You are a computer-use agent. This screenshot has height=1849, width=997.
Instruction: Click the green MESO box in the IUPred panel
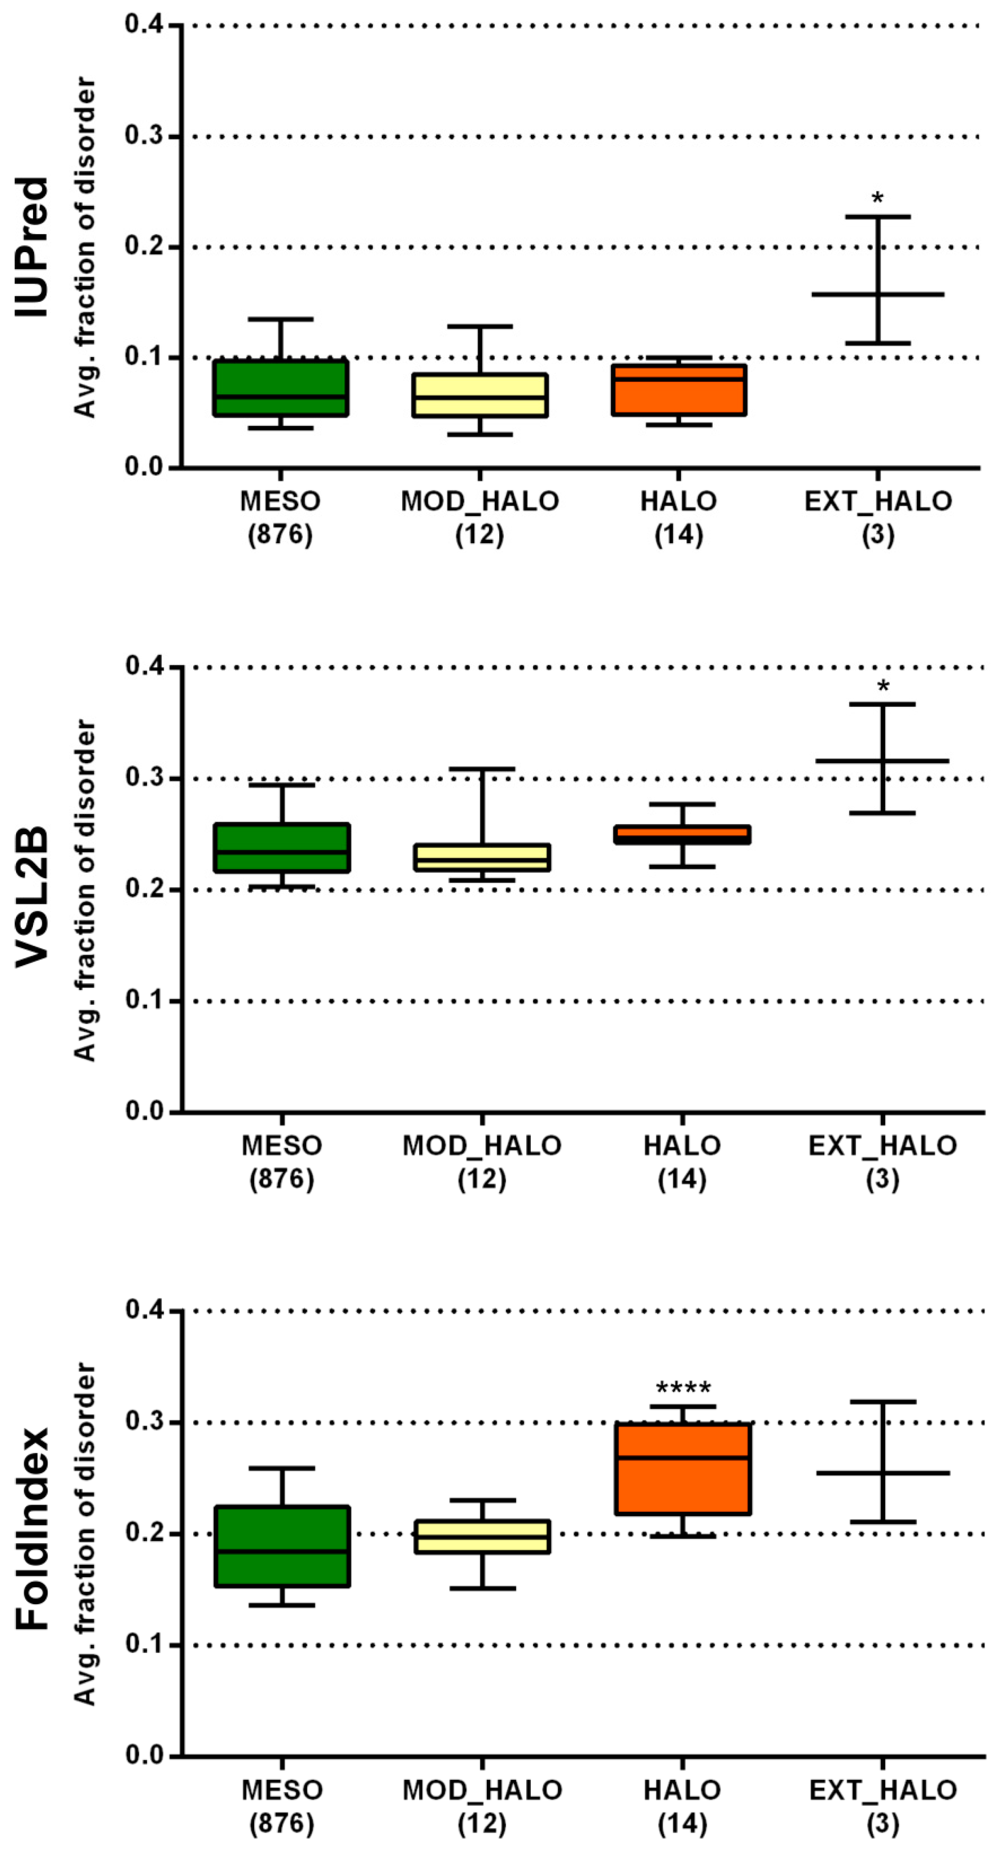pos(281,388)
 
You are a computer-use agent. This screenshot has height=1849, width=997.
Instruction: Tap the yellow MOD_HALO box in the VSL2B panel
pos(482,858)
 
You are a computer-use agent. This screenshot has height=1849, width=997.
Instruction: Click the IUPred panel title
pos(32,248)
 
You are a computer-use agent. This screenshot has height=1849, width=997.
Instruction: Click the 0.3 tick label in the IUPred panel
pos(143,137)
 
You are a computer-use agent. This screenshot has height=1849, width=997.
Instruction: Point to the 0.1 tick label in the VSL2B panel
pos(143,1001)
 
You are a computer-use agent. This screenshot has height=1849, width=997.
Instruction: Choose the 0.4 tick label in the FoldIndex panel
pos(143,1311)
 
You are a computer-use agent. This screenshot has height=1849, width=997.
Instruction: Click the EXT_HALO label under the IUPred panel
pos(878,501)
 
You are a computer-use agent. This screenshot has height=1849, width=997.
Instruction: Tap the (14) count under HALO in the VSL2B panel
pos(682,1179)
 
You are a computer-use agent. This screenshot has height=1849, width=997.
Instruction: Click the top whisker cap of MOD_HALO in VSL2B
pos(482,769)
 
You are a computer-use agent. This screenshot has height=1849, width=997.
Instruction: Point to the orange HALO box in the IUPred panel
pos(679,390)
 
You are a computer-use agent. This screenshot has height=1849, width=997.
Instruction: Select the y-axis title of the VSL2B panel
pos(85,890)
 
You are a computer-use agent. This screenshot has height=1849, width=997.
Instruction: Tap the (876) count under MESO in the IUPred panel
pos(280,535)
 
